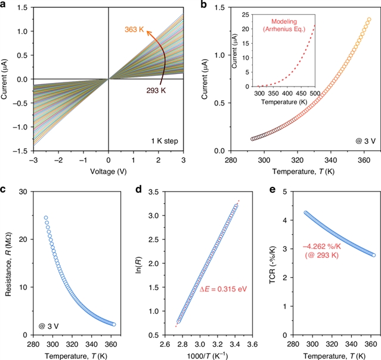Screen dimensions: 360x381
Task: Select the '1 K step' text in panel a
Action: tap(163, 141)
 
